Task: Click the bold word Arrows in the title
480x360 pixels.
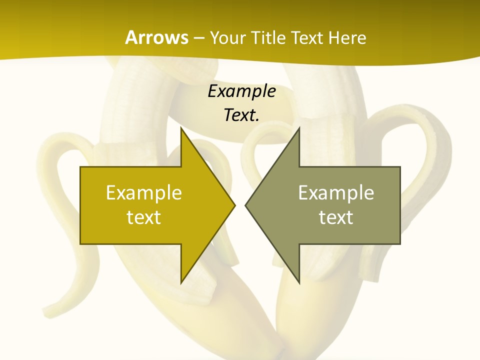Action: point(157,37)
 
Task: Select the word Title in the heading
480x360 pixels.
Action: point(271,37)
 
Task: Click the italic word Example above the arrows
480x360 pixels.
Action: point(241,91)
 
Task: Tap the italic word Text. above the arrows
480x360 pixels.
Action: point(241,115)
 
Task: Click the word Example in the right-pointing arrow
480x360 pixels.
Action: point(144,192)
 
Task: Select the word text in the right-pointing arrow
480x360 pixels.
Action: point(144,217)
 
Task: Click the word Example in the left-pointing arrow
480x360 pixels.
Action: point(336,192)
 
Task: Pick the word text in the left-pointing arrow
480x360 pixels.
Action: point(336,217)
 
